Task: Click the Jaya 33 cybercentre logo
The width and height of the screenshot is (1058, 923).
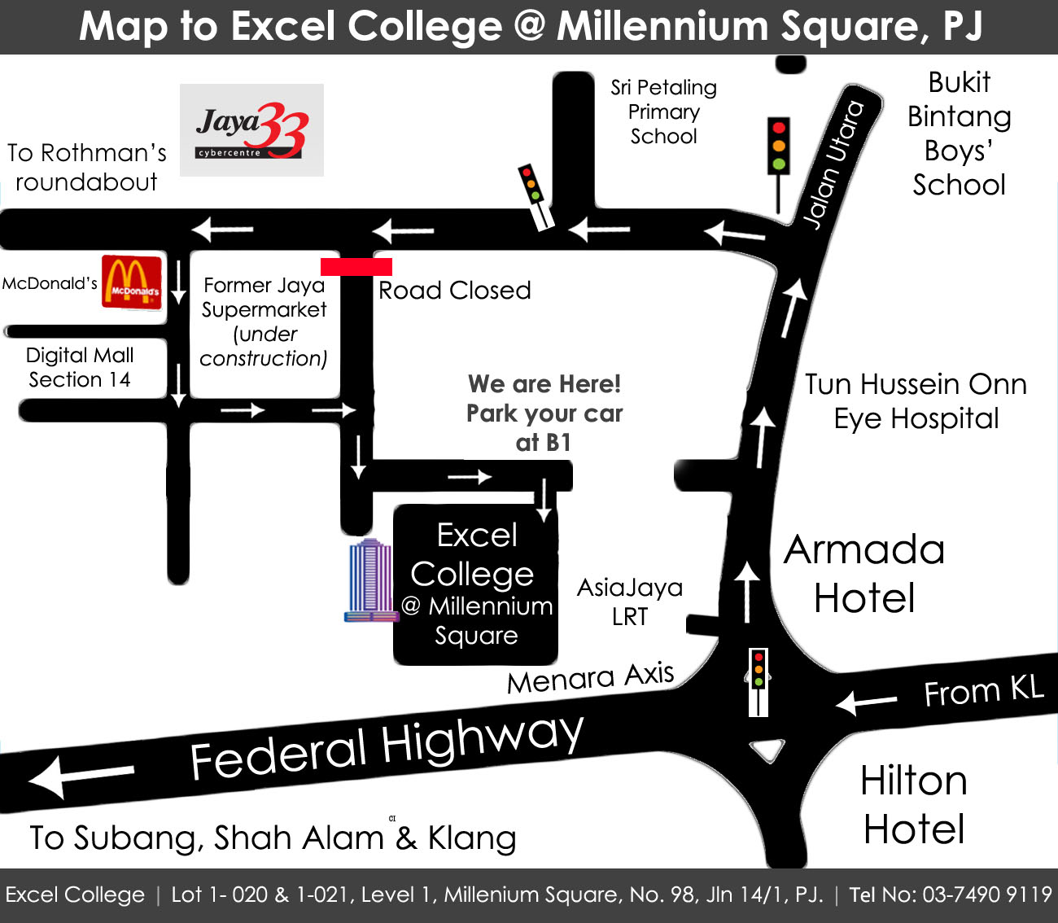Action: tap(251, 130)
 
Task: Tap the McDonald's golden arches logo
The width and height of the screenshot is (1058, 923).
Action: tap(131, 282)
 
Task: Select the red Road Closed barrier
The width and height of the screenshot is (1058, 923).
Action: tap(356, 266)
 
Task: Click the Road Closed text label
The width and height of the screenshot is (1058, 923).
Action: tap(454, 291)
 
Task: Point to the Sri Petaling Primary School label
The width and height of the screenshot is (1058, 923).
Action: tap(663, 112)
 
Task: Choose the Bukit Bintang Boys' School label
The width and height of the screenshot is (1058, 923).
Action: tap(959, 133)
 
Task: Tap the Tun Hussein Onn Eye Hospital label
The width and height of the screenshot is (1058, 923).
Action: tap(916, 400)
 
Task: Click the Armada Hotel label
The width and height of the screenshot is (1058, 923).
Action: tap(864, 573)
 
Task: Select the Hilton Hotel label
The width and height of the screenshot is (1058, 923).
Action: tap(914, 804)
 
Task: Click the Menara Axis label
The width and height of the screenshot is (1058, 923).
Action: tap(590, 677)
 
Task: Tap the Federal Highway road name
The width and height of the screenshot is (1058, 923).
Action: tap(387, 746)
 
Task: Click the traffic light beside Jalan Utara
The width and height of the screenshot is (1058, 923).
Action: tap(779, 147)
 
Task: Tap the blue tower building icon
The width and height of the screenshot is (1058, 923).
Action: tap(371, 580)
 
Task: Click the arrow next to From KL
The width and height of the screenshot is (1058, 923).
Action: tap(866, 702)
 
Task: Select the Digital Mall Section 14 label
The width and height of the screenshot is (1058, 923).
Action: tap(80, 367)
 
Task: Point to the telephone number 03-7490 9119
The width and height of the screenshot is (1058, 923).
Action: tap(987, 895)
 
